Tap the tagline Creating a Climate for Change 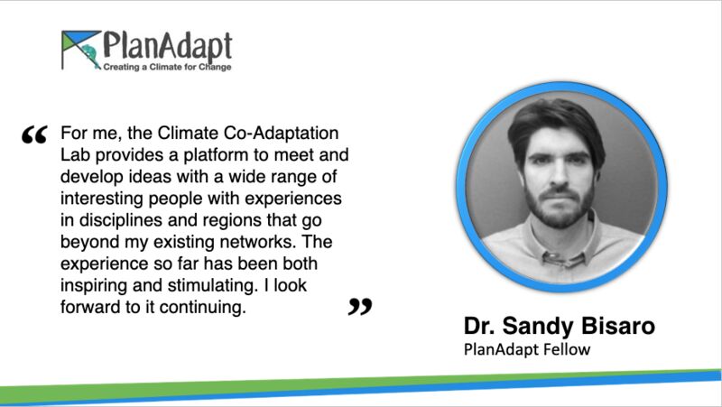pyautogui.click(x=167, y=67)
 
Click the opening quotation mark pyautogui.click(x=34, y=134)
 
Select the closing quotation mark pyautogui.click(x=360, y=307)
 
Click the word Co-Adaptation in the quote pyautogui.click(x=281, y=133)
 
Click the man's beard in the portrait pyautogui.click(x=560, y=208)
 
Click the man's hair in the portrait pyautogui.click(x=556, y=126)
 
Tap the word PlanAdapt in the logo pyautogui.click(x=167, y=46)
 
